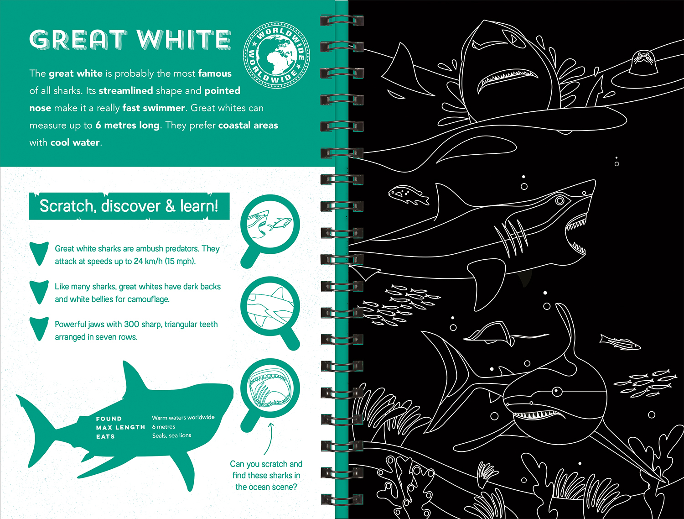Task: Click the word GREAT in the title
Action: (x=78, y=40)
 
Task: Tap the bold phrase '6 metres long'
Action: (x=127, y=125)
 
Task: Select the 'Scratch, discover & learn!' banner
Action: (x=129, y=206)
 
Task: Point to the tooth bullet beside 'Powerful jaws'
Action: (x=39, y=329)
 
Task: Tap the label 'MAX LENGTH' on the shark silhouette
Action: (x=120, y=427)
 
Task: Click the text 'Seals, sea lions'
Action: (x=171, y=435)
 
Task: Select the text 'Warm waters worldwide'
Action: (x=183, y=417)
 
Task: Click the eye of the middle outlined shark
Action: (x=560, y=200)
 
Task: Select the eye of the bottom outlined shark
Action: (x=557, y=391)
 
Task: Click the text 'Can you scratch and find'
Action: (x=266, y=469)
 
